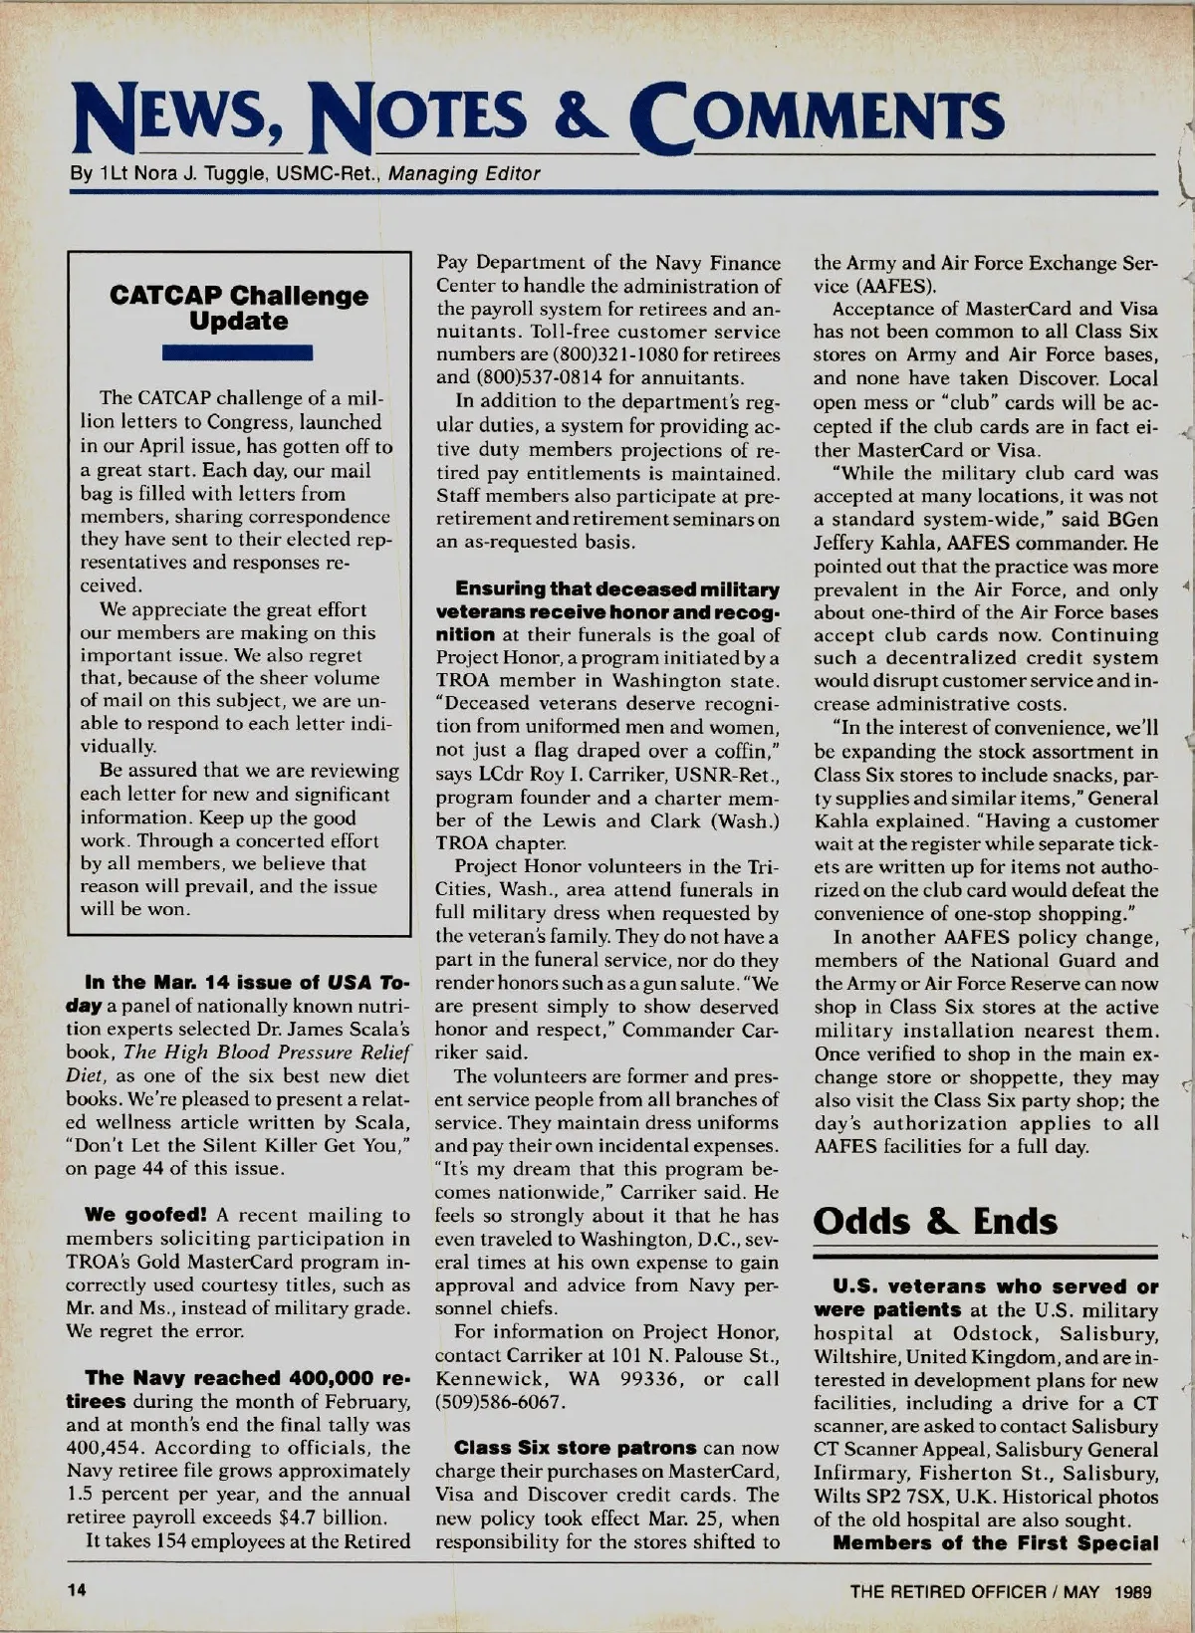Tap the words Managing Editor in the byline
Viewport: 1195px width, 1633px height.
click(x=464, y=174)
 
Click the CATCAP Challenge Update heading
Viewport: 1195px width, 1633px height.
click(x=239, y=309)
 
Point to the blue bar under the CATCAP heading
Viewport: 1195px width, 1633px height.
click(x=239, y=351)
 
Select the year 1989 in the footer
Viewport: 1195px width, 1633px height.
click(x=1133, y=1591)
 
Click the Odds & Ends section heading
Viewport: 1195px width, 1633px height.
click(x=935, y=1222)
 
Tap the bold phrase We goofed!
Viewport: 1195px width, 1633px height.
click(x=145, y=1215)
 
